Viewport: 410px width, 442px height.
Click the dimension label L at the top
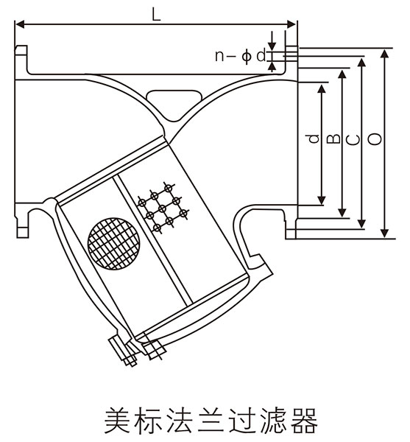point(156,13)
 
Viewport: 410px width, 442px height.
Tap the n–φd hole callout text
point(240,56)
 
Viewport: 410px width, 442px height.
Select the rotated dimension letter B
point(334,138)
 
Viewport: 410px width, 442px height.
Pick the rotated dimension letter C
point(354,139)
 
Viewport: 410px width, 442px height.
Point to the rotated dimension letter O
point(375,138)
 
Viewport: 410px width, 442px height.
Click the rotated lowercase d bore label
point(314,138)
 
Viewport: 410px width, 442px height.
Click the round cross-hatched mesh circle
point(114,244)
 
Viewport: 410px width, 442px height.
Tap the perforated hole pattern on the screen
point(163,208)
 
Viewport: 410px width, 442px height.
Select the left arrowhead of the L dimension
point(21,24)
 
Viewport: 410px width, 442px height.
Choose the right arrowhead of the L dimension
point(291,24)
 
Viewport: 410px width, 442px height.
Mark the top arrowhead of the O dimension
point(385,54)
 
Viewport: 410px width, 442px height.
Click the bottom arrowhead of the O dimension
point(385,234)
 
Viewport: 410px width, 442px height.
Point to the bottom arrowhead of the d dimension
point(321,200)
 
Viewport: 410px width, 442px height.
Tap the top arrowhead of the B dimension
point(342,74)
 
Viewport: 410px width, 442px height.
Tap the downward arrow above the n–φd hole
point(272,41)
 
